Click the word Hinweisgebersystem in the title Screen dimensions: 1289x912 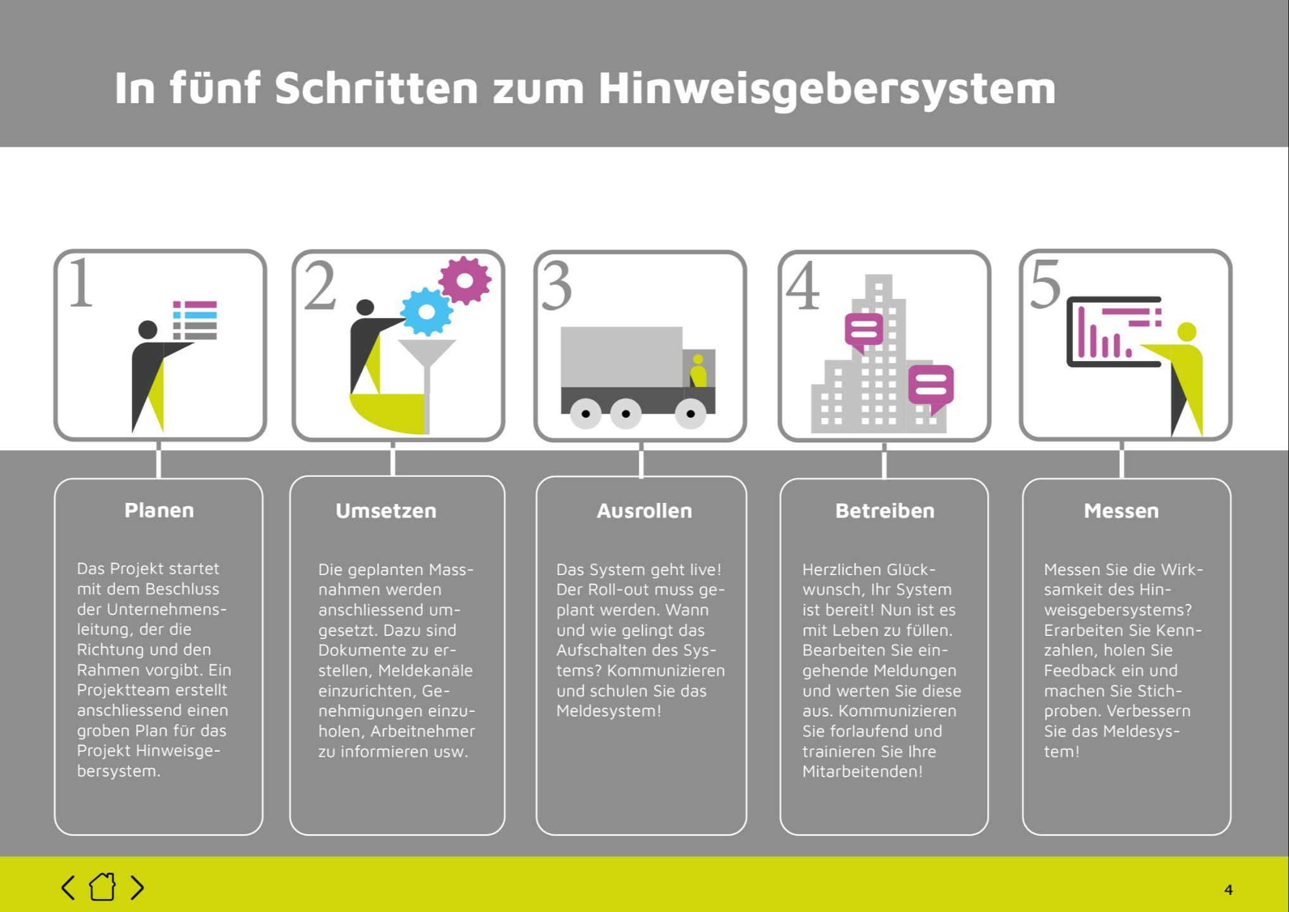click(x=827, y=89)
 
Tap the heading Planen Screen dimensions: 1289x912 click(x=159, y=510)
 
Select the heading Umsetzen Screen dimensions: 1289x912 click(x=386, y=511)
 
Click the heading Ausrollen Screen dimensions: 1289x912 click(x=644, y=511)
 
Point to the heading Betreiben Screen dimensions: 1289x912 click(x=884, y=511)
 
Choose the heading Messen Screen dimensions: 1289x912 click(x=1121, y=511)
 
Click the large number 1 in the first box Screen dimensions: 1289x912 click(x=81, y=283)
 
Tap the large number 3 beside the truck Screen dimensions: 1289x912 click(x=557, y=287)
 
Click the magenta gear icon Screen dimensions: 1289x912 click(x=465, y=280)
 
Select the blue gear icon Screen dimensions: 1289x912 click(x=427, y=312)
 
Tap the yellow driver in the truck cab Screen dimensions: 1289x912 click(x=698, y=371)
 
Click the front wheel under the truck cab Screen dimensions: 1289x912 click(x=691, y=414)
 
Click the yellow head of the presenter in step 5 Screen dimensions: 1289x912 click(x=1186, y=331)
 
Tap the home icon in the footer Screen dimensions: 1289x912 click(x=102, y=887)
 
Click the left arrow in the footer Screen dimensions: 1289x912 click(x=68, y=887)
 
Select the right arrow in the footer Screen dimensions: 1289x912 click(x=137, y=887)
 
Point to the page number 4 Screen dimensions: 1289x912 click(x=1228, y=890)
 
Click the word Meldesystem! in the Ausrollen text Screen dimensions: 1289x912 click(x=608, y=711)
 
